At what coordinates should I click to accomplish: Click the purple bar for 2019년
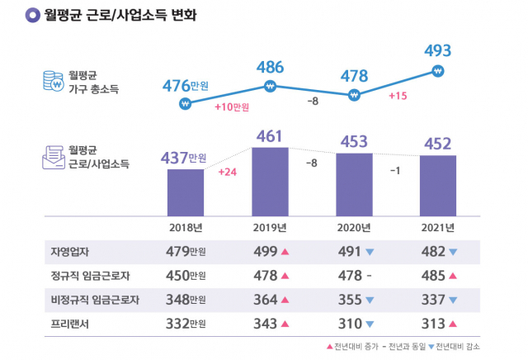pyautogui.click(x=269, y=181)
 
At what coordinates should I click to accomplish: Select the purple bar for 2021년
pyautogui.click(x=438, y=185)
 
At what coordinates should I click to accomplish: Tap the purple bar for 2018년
pyautogui.click(x=185, y=192)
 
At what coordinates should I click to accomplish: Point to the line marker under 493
pyautogui.click(x=438, y=72)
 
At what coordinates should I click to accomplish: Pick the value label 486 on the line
pyautogui.click(x=270, y=67)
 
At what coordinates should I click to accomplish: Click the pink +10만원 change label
pyautogui.click(x=231, y=107)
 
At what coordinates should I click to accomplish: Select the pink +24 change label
pyautogui.click(x=228, y=173)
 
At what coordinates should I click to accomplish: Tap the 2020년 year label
pyautogui.click(x=354, y=227)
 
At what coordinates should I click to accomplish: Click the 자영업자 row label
pyautogui.click(x=70, y=252)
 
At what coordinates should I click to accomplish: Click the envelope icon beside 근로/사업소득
pyautogui.click(x=54, y=157)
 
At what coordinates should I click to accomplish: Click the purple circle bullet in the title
pyautogui.click(x=32, y=15)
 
